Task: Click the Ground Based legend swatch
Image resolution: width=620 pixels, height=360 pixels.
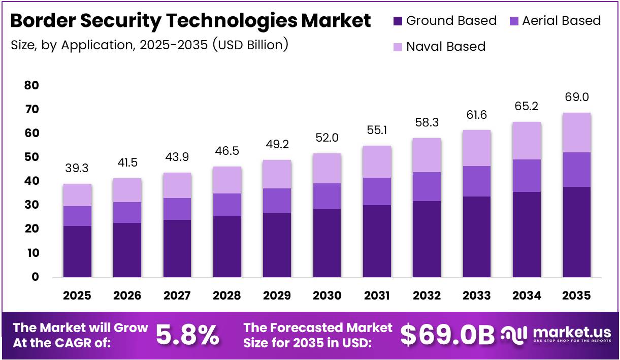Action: (398, 21)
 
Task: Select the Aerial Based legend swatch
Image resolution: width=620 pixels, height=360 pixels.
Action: (513, 21)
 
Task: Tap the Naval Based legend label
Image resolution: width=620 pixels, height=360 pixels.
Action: (446, 47)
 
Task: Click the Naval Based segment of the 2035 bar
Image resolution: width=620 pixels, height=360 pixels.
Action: (576, 133)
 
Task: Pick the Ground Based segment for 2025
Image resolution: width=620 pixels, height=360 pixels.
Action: (77, 251)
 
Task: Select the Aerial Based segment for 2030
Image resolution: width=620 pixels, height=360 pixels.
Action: (327, 196)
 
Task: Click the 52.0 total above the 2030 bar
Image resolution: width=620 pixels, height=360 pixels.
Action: (327, 138)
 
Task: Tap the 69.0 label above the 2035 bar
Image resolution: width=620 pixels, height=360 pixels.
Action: (576, 97)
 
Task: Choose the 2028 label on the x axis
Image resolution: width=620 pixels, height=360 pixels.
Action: (227, 296)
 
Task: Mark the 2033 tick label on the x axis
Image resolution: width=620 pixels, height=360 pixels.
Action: (477, 296)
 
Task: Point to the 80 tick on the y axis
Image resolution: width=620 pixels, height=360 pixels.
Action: (31, 85)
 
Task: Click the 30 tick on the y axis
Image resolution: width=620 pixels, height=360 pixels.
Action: (31, 205)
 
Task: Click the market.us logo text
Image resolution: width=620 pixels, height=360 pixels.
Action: (572, 333)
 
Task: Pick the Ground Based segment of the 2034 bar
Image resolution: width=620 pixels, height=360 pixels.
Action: (527, 234)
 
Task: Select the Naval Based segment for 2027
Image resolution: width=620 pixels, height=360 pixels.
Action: (177, 185)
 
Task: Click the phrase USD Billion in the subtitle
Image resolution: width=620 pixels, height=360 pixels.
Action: (250, 45)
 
